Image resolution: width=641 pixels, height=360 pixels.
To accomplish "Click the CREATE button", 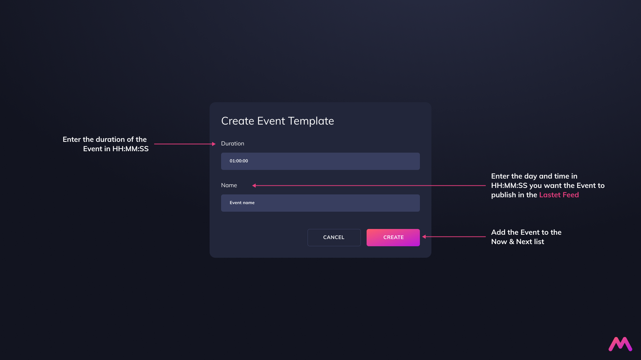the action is (393, 238).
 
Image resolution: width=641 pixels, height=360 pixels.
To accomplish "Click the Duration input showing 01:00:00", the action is (320, 161).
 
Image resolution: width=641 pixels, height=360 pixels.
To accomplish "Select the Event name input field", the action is (320, 203).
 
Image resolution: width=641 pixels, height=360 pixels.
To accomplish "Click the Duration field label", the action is (233, 144).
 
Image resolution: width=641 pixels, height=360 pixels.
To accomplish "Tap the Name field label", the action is (229, 185).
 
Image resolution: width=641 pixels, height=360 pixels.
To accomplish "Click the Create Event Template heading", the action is (278, 121).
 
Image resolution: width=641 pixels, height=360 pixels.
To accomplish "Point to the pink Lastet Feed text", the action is (559, 195).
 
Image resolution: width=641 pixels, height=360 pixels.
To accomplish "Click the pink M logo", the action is (620, 344).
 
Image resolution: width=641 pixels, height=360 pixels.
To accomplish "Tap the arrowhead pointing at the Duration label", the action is (214, 144).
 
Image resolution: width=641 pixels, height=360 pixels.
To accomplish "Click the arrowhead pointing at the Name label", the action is (254, 186).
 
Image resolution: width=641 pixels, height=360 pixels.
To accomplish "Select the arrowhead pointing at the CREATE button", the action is (424, 237).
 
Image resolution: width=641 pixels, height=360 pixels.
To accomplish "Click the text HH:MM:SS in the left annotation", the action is (130, 149).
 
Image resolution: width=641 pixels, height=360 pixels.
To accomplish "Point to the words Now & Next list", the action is (517, 242).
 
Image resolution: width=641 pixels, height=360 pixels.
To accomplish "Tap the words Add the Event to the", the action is (526, 232).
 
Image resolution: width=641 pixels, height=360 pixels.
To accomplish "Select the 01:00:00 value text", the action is (239, 161).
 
